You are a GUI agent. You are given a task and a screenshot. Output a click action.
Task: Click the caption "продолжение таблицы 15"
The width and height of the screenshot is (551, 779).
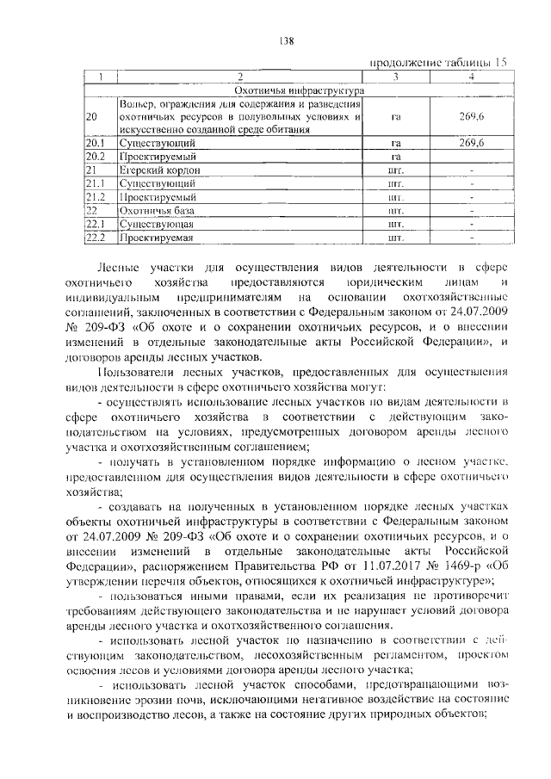tap(439, 63)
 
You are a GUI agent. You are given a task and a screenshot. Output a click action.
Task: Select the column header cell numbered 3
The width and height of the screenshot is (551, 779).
tap(396, 77)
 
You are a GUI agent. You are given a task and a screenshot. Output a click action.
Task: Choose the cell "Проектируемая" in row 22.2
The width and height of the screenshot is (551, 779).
tap(157, 237)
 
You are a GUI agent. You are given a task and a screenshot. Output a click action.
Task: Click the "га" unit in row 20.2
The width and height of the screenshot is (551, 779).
tap(396, 157)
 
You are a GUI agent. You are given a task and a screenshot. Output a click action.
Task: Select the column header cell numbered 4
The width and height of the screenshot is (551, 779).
tap(470, 77)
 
